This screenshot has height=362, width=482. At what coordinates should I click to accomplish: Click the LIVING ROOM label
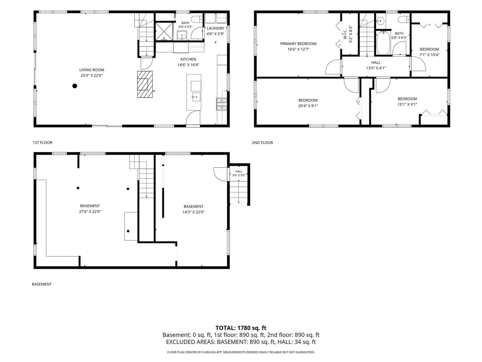(92, 70)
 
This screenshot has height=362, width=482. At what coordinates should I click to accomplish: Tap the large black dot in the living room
(75, 86)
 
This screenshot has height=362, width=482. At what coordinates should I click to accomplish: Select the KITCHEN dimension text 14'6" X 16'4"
(188, 65)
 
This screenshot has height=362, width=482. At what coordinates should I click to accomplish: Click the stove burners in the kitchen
(221, 104)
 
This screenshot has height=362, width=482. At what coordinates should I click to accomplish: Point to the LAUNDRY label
(215, 28)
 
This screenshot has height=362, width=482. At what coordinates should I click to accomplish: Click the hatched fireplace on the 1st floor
(145, 84)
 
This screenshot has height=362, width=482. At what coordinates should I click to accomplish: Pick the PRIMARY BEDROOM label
(298, 44)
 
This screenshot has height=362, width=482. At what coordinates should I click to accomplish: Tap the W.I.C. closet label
(345, 34)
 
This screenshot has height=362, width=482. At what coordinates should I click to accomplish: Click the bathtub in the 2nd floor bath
(383, 43)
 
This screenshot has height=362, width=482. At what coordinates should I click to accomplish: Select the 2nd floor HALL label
(376, 63)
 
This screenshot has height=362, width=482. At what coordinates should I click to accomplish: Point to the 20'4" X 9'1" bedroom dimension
(308, 106)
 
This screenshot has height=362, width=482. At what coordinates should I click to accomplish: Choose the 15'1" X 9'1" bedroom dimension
(407, 104)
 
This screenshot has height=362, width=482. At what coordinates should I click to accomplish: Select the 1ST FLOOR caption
(43, 142)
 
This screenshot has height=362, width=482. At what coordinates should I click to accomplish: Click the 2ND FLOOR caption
(262, 143)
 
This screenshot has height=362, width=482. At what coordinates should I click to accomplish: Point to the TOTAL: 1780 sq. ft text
(241, 328)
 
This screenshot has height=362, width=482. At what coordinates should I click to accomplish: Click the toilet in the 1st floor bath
(196, 19)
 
